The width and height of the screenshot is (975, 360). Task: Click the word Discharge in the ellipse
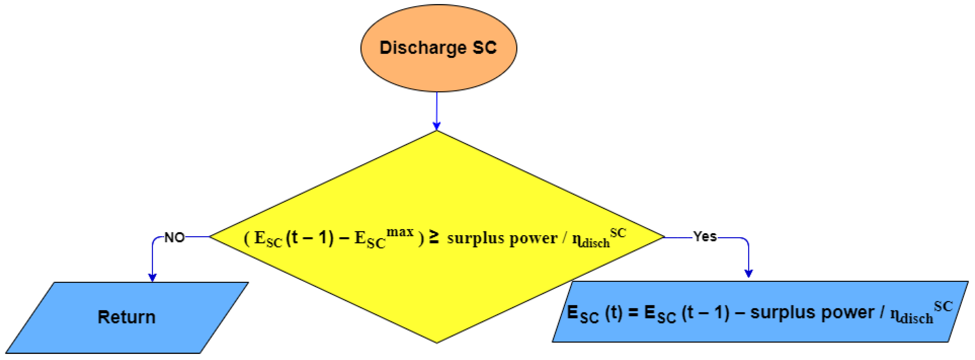423,48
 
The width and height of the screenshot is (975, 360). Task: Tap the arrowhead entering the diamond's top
437,126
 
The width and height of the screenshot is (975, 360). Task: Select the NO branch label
174,238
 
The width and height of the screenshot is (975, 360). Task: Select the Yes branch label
705,237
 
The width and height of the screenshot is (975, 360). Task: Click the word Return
126,317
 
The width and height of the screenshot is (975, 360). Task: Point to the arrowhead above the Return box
153,277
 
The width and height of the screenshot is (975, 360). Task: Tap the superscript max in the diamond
400,231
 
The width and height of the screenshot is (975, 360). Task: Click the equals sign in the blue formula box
633,313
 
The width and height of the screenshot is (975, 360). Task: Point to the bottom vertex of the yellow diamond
437,342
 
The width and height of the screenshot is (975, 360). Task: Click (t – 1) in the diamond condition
310,238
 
